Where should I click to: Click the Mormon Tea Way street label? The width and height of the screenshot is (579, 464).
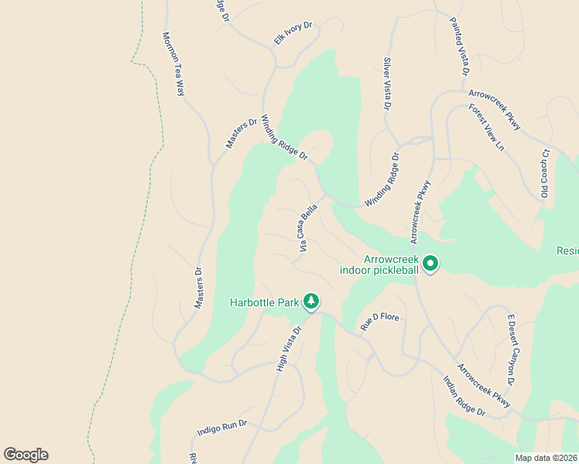tap(174, 63)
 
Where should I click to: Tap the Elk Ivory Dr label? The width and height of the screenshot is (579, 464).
tap(293, 33)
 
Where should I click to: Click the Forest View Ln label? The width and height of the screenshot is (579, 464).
tap(486, 127)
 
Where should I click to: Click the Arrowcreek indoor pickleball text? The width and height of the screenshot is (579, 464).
tap(379, 265)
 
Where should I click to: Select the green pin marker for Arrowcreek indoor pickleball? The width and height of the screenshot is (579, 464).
tap(430, 264)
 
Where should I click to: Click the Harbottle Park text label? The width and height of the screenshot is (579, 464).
tap(265, 302)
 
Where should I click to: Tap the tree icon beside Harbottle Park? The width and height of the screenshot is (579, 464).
tap(311, 301)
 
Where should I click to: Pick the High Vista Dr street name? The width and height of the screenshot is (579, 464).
tap(288, 347)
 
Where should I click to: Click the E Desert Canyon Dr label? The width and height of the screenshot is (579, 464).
tap(511, 349)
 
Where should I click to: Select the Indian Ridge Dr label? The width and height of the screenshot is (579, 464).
tap(464, 396)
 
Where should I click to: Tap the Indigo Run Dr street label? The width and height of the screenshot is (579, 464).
tap(221, 426)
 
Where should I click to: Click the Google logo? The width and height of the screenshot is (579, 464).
tap(26, 455)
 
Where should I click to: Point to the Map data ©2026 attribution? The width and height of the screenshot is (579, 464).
tap(546, 458)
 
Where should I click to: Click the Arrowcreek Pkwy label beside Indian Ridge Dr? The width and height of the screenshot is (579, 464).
tap(484, 385)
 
